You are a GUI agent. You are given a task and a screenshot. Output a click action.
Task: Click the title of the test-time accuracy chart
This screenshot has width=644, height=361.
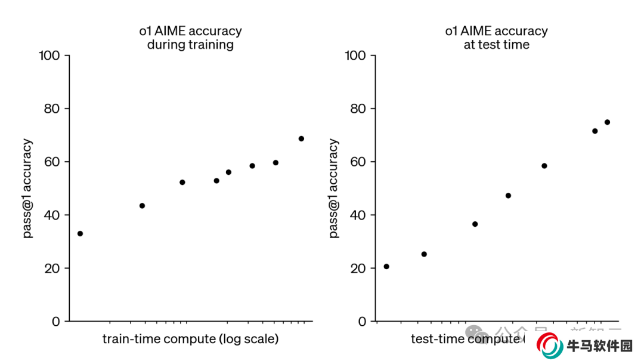coord(496,38)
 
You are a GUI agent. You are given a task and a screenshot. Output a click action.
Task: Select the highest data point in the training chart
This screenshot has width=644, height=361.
coord(301,138)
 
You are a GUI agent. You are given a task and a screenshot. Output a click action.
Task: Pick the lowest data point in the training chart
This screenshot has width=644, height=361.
coord(80,233)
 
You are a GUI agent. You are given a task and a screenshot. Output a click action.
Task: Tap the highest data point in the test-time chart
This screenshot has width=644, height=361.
coord(607,122)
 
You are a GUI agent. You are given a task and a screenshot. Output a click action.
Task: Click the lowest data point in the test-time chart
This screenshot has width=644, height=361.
coord(386,266)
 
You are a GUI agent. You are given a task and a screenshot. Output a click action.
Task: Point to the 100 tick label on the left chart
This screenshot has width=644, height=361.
coord(49,55)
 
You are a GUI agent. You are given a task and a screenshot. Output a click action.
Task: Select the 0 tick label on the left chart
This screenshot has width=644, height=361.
coord(56,321)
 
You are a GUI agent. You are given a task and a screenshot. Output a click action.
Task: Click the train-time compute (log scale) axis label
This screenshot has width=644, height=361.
coord(190,339)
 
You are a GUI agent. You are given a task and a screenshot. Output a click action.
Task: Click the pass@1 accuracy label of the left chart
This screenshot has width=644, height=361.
coord(28,189)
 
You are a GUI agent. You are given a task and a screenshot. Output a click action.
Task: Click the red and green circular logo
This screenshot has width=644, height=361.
coord(549,345)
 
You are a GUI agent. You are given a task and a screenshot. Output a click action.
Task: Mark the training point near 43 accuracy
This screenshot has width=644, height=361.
coord(142,206)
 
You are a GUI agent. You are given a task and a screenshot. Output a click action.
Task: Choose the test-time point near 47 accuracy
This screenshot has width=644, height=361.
coord(508,196)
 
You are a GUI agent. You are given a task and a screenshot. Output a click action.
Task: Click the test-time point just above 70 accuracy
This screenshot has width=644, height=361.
coord(595,131)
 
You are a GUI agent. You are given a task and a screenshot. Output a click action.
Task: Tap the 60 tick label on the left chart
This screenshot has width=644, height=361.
coord(53,162)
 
